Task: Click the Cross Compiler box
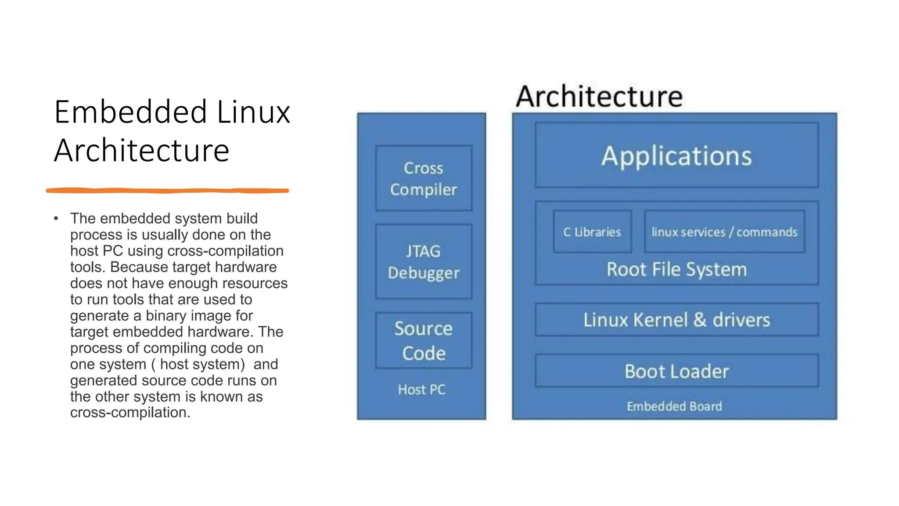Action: (x=424, y=178)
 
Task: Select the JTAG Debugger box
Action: (x=424, y=262)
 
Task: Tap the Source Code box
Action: (x=424, y=341)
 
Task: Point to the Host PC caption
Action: (x=421, y=390)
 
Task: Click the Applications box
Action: (x=676, y=155)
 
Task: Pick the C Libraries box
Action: (x=592, y=232)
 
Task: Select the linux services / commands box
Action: (x=724, y=232)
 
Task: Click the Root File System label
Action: (x=676, y=269)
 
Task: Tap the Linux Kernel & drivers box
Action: (x=676, y=320)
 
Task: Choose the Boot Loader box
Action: (x=676, y=371)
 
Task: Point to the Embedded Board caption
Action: (x=674, y=406)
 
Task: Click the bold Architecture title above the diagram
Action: (x=599, y=97)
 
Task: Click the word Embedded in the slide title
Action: (x=130, y=112)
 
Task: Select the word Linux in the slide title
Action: (x=254, y=112)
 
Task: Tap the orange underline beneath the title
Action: (x=167, y=191)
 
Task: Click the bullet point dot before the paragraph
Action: (x=56, y=218)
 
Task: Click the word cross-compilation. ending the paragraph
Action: (x=130, y=412)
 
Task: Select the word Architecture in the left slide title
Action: (x=141, y=150)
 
